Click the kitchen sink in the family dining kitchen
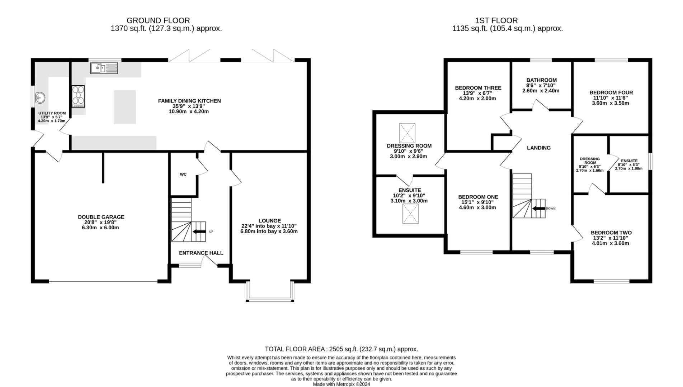[104, 68]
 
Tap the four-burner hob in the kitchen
[78, 96]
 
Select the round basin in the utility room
[40, 97]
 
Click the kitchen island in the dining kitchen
[125, 107]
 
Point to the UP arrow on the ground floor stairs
[199, 231]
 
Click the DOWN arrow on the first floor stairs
[538, 209]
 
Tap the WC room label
[183, 175]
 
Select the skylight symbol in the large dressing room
[407, 133]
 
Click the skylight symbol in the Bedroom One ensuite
[410, 214]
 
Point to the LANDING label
[538, 148]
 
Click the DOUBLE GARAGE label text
[101, 217]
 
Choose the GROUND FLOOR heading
[158, 20]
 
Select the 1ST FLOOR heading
[496, 20]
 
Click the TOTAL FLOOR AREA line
[341, 349]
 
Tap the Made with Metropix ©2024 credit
[341, 384]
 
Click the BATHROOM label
[542, 80]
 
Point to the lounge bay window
[270, 291]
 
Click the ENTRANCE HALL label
[201, 253]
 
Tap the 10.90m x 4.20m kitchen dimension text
[189, 111]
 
